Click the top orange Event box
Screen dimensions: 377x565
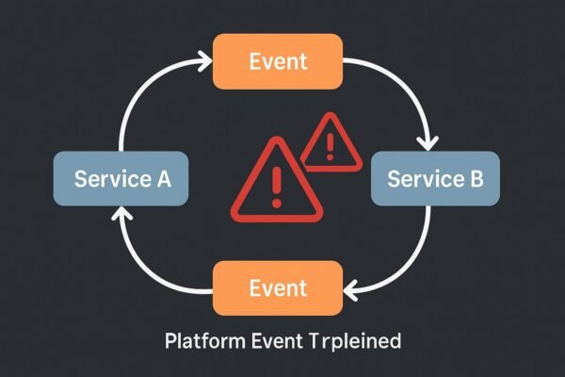[278, 61]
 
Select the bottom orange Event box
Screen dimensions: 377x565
[278, 287]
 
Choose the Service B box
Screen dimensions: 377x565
[434, 177]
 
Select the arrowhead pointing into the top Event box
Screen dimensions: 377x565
[203, 62]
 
